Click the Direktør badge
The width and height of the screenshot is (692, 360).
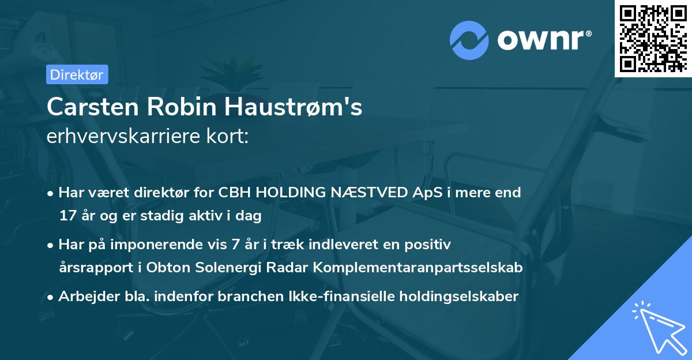(77, 74)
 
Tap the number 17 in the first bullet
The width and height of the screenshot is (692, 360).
(68, 216)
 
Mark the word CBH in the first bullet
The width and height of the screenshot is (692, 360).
(234, 193)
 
